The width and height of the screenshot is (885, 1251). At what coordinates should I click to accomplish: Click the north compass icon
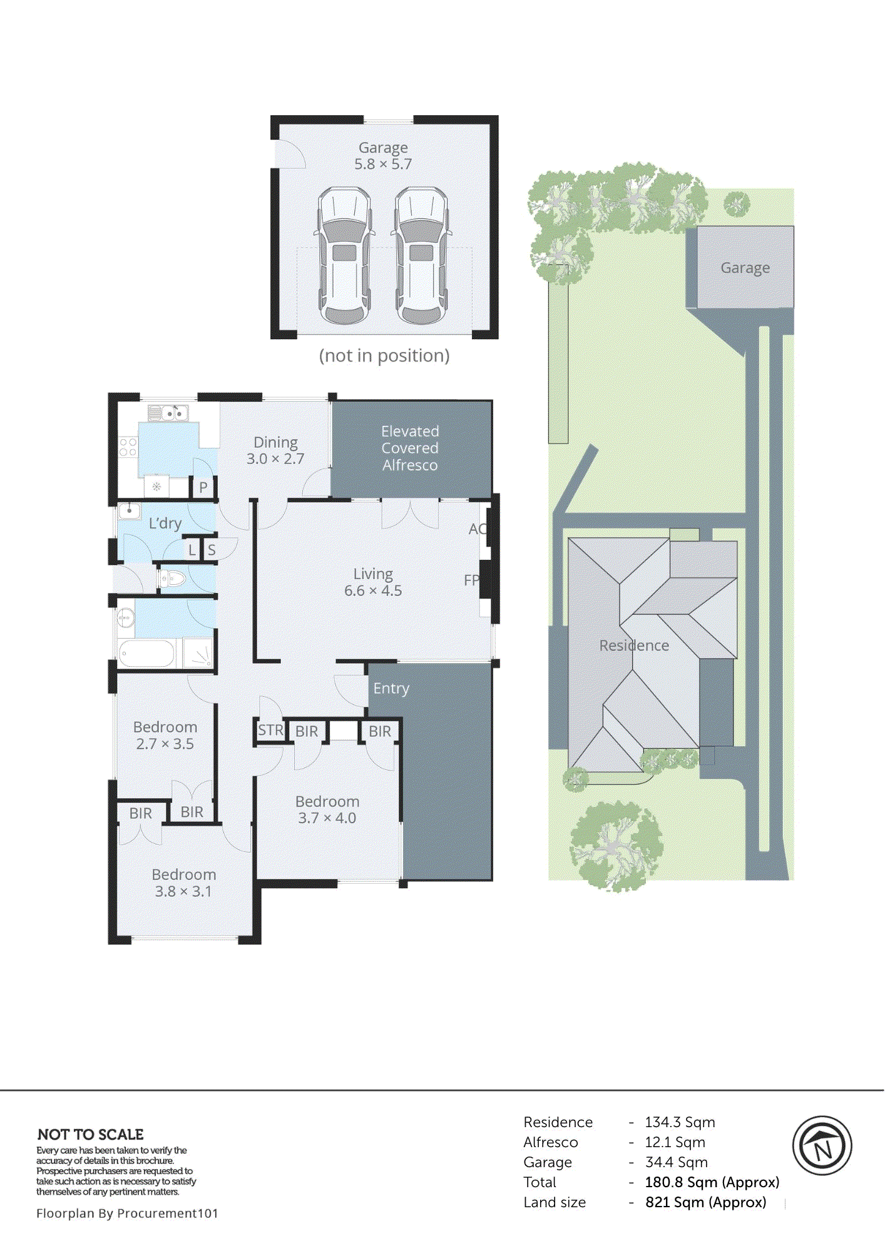tap(822, 1145)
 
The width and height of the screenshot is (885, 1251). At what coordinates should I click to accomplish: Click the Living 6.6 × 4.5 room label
tap(373, 582)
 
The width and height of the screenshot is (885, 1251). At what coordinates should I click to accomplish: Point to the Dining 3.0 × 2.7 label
tap(275, 450)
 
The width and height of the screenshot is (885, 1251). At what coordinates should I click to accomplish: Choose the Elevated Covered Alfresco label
tap(410, 448)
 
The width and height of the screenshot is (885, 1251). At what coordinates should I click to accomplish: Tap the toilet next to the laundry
tap(172, 579)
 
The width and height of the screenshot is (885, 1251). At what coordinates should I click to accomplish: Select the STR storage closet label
tap(270, 730)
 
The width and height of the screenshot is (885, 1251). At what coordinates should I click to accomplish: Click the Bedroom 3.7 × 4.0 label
tap(327, 809)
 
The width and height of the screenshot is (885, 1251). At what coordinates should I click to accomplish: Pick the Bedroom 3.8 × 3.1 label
tap(183, 883)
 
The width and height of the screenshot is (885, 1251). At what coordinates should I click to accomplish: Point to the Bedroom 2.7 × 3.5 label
tap(165, 735)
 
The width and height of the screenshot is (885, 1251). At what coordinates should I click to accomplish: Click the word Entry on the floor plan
tap(391, 689)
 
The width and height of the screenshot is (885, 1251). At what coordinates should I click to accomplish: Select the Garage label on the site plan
tap(745, 268)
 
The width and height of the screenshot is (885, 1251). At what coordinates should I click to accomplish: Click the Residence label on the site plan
tap(634, 646)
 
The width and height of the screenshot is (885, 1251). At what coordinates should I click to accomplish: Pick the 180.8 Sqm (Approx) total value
tap(712, 1182)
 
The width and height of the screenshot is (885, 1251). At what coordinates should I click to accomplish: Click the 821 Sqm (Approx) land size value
tap(705, 1202)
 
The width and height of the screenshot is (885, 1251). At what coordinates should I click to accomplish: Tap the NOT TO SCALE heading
tap(91, 1135)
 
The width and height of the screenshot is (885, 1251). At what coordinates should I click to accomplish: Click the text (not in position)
tap(384, 356)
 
